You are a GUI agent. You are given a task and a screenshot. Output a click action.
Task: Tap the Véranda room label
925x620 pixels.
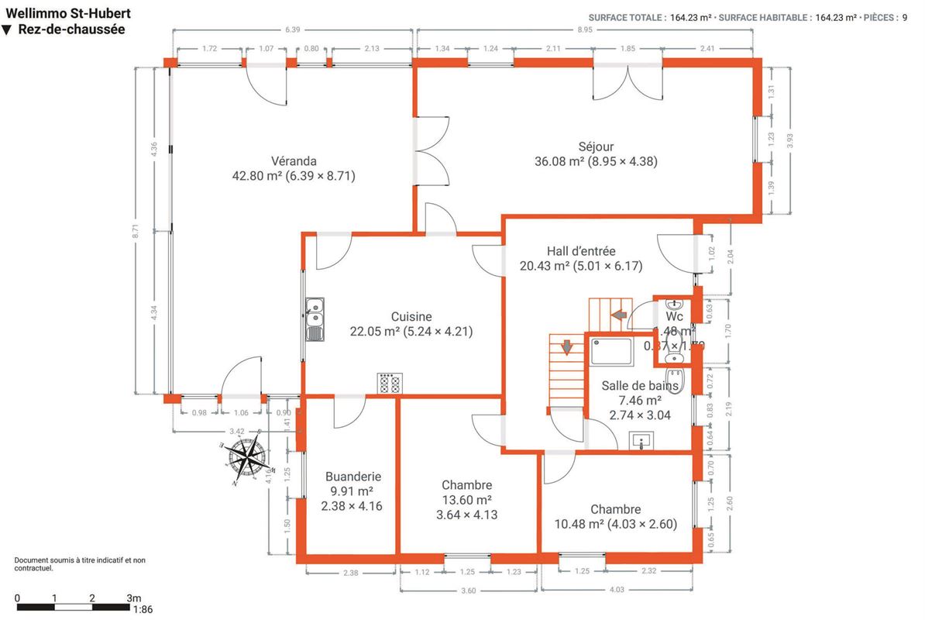(x=294, y=161)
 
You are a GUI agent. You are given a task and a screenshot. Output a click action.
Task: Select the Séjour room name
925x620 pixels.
(x=596, y=146)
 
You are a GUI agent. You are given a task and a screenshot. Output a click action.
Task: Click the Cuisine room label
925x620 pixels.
(x=411, y=316)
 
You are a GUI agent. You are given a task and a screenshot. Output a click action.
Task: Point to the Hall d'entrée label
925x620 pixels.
(x=581, y=251)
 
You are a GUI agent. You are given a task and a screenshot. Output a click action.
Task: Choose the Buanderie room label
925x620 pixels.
(x=352, y=477)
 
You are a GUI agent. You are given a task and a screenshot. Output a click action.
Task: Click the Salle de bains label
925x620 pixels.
(x=640, y=385)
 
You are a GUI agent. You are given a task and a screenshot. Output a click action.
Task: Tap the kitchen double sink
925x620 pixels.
(x=315, y=319)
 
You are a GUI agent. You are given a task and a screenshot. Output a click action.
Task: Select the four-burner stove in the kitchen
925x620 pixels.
(x=390, y=383)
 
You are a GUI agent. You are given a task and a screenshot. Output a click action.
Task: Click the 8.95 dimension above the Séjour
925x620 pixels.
(x=585, y=29)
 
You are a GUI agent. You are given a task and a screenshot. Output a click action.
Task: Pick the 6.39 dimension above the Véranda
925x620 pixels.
(x=292, y=29)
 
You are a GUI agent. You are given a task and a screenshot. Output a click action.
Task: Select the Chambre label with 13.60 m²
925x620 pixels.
(x=467, y=485)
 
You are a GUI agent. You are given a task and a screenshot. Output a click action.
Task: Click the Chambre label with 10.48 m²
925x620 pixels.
(x=615, y=509)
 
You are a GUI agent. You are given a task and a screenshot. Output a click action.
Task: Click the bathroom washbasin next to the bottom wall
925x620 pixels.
(x=641, y=441)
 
